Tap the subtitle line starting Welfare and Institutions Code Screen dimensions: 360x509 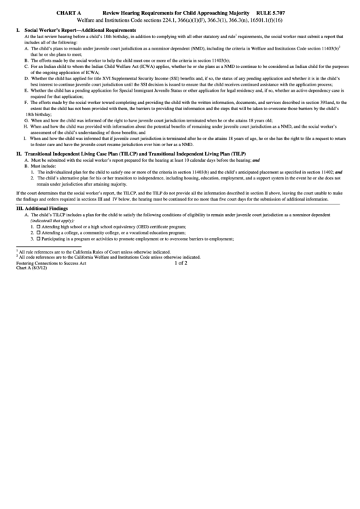pyautogui.click(x=180, y=20)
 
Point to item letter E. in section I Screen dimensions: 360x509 pyautogui.click(x=25, y=90)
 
